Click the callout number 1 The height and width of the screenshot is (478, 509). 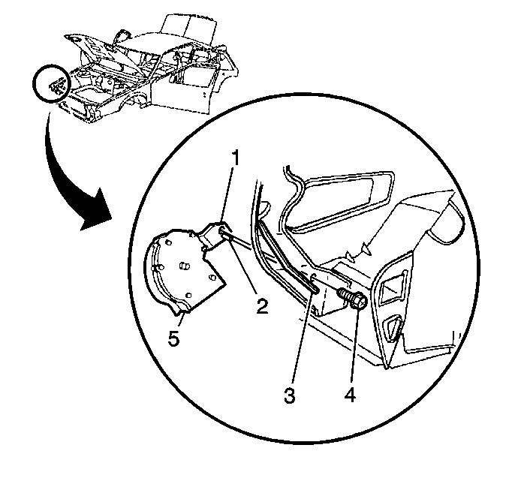[235, 158]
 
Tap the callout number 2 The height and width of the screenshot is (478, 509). [262, 305]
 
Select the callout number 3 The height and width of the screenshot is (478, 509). [290, 395]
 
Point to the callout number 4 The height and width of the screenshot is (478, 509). [350, 395]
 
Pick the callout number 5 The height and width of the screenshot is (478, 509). [173, 338]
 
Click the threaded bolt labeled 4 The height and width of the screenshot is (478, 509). [353, 299]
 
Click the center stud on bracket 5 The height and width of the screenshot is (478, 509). [184, 266]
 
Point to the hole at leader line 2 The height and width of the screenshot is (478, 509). [222, 231]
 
